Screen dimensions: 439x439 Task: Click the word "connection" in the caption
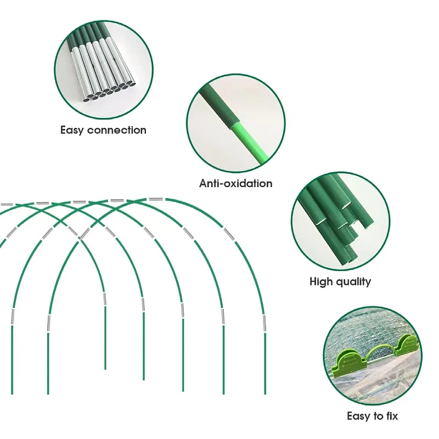[116, 131]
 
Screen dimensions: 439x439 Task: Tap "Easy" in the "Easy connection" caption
[72, 131]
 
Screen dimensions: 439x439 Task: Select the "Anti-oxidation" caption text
[235, 183]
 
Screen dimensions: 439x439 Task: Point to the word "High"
[321, 282]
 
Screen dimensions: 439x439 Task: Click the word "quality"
[353, 282]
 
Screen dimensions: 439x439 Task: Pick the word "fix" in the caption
[391, 417]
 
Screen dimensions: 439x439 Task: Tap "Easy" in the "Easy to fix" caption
[359, 417]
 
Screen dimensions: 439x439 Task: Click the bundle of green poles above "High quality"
[335, 219]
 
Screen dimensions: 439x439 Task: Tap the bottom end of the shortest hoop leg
[105, 368]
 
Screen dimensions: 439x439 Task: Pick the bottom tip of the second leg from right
[223, 393]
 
